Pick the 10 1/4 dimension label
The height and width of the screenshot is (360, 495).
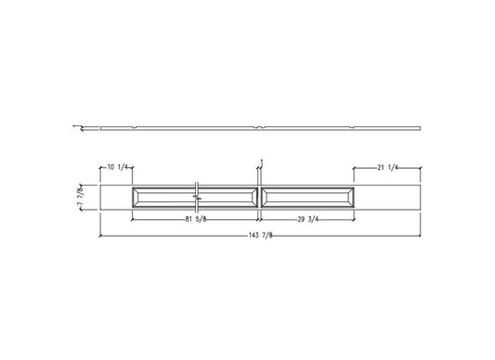[x=116, y=168]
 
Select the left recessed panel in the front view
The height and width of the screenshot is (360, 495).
[x=163, y=197]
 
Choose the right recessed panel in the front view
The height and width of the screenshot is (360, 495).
[x=307, y=197]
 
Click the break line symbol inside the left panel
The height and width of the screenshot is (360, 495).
[x=197, y=197]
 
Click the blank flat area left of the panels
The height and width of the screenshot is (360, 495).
[x=116, y=197]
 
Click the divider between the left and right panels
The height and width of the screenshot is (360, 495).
[x=261, y=197]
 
